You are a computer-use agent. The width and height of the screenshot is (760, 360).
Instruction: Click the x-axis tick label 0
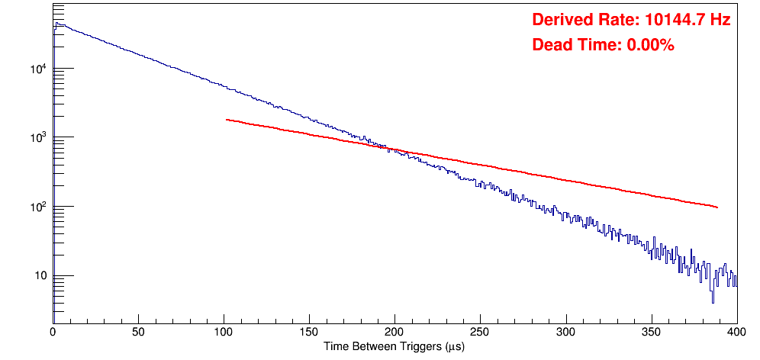coord(53,332)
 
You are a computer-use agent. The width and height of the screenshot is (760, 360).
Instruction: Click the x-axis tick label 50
coord(138,332)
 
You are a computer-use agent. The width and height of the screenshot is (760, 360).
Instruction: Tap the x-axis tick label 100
coord(224,332)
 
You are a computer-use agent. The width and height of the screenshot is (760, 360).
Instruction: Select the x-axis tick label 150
coord(309,332)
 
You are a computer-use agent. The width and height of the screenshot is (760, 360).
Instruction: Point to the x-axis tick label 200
coord(394,332)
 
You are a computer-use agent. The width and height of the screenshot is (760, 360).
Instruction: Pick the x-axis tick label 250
coord(480,332)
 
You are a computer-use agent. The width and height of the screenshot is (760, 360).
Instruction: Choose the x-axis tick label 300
coord(565,332)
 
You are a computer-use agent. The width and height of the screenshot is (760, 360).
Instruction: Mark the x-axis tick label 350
coord(651,332)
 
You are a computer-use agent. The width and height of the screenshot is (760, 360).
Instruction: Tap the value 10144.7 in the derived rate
coord(671,21)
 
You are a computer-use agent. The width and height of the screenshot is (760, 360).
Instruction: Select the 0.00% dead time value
coord(650,45)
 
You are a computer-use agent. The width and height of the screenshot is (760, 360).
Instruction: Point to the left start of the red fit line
coord(227,120)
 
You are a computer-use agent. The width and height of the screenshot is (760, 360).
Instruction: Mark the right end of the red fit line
coord(717,207)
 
